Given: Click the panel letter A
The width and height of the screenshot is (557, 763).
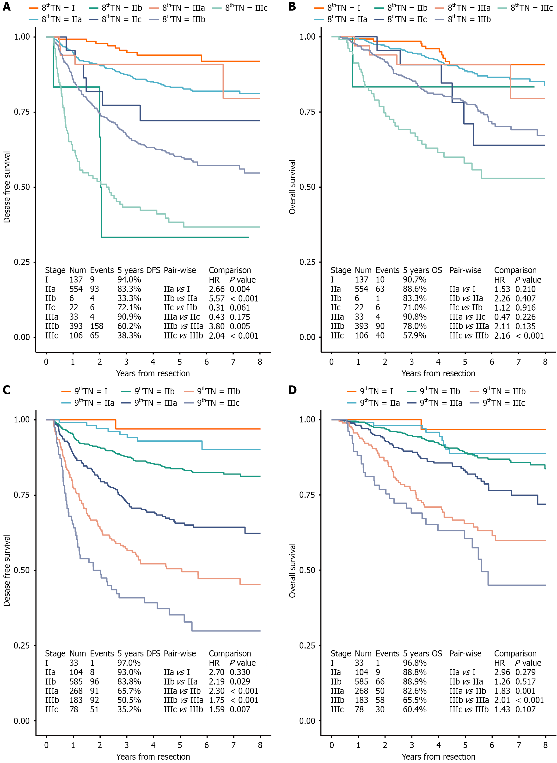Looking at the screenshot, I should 6,6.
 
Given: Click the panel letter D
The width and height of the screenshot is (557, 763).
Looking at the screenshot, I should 292,390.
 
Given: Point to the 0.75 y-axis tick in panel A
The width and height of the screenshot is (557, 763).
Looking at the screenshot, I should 22,112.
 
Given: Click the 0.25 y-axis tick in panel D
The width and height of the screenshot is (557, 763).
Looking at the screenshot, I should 307,645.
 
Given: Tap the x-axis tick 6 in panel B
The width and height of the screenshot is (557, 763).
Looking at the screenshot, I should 492,362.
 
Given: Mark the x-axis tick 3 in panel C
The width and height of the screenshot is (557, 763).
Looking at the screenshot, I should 126,745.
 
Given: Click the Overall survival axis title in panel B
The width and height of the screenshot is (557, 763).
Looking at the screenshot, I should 292,187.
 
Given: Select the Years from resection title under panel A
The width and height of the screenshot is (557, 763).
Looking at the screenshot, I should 153,373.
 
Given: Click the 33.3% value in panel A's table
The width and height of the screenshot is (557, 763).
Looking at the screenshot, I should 129,299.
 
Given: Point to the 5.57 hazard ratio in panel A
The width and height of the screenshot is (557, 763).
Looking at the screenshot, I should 216,299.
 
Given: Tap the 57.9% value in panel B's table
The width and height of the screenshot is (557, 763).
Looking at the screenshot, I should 414,336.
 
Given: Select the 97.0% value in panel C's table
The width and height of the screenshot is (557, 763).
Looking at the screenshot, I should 129,663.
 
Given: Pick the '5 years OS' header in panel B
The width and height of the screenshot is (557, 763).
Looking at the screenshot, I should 422,270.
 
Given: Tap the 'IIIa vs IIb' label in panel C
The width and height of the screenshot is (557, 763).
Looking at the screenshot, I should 182,691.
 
